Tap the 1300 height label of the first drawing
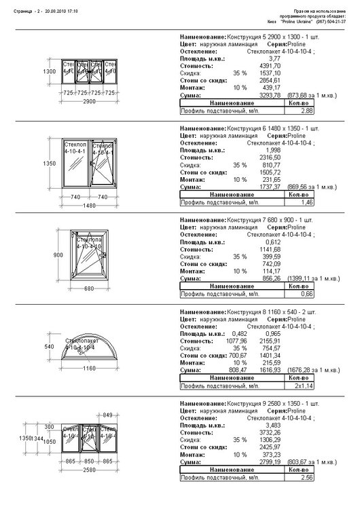[x=50, y=71]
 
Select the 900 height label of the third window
[x=50, y=254]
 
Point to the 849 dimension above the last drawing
[x=107, y=415]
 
